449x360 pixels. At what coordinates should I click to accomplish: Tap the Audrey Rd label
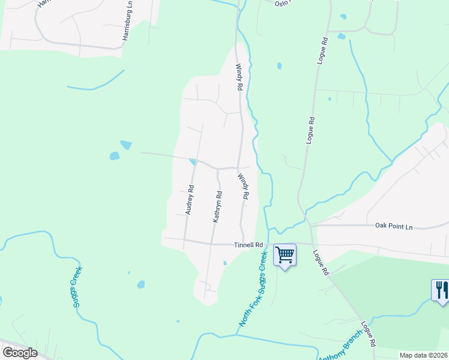coord(190,200)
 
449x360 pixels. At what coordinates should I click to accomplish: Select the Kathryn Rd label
coord(218,207)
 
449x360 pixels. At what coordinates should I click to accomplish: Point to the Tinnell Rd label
coord(249,245)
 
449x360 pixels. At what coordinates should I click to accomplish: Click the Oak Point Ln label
coord(394,226)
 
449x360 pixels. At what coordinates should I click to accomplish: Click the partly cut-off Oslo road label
coord(283,3)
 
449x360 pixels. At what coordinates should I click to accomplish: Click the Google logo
coord(20,353)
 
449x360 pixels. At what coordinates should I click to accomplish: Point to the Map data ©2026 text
coord(424,355)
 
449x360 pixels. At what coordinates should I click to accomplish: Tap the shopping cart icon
coord(285,254)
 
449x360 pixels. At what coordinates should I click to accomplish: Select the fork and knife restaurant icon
coord(441,290)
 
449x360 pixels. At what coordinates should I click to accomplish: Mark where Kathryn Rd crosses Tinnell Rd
coord(211,243)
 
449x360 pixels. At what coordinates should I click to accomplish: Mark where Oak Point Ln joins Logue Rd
coord(310,226)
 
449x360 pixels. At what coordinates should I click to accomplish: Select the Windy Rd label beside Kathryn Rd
coord(243,187)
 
